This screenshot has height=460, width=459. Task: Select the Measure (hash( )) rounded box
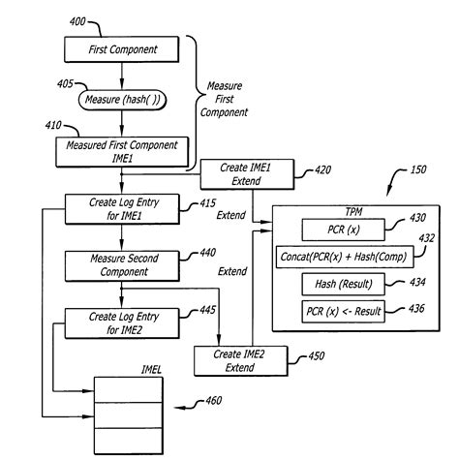pos(123,100)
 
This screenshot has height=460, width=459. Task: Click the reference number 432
pos(427,238)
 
